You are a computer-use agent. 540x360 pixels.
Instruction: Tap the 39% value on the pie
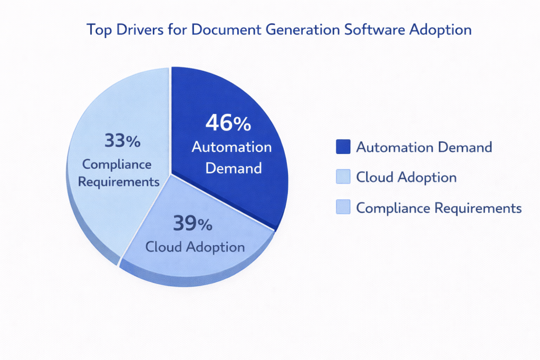(192, 225)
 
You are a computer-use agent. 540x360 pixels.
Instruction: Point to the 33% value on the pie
(122, 141)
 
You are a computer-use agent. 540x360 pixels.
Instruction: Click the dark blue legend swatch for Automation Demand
(343, 147)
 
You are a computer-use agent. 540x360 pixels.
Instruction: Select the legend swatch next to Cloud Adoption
(343, 178)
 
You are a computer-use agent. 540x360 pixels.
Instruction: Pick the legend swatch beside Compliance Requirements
(343, 208)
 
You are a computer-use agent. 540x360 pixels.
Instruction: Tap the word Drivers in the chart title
(137, 30)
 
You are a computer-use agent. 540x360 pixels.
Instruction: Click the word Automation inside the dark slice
(232, 147)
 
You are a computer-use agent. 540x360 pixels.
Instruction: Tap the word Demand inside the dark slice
(233, 168)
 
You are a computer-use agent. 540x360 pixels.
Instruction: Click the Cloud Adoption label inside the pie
(195, 247)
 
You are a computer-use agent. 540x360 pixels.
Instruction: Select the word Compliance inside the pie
(117, 164)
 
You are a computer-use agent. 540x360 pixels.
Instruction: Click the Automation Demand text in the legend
(424, 147)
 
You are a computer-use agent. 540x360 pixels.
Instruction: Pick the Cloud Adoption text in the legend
(406, 178)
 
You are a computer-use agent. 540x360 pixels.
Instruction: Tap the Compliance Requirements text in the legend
(439, 208)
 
